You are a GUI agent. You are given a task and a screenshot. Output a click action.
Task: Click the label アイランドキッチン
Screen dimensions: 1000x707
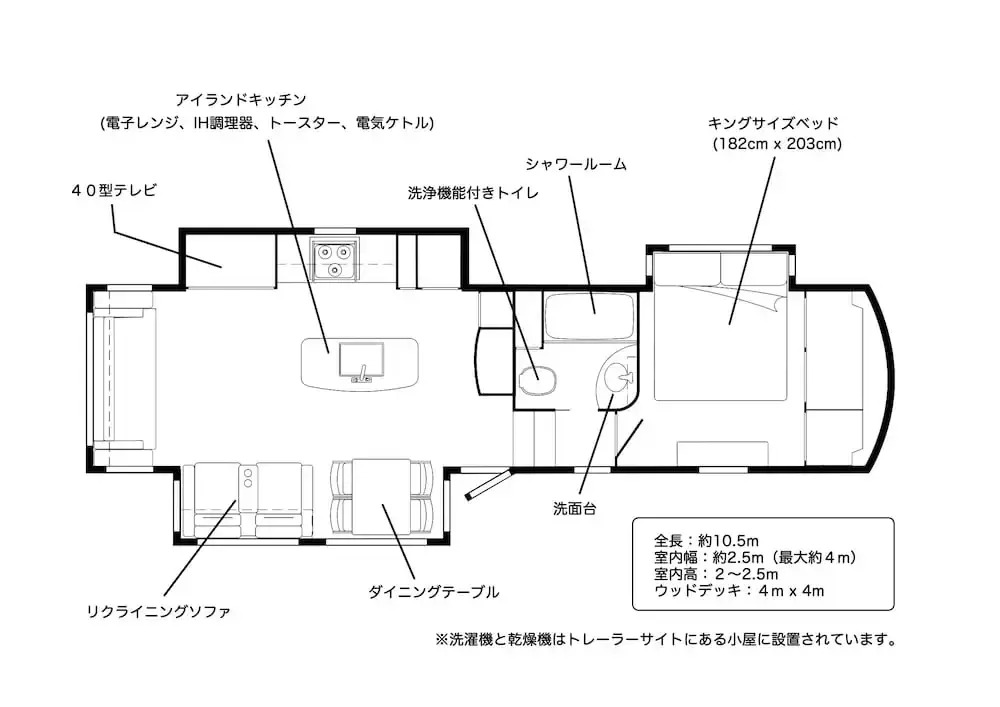[x=240, y=100]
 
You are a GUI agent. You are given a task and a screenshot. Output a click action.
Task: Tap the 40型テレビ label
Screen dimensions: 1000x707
[x=114, y=190]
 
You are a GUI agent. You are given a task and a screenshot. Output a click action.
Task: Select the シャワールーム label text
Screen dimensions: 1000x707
[x=575, y=164]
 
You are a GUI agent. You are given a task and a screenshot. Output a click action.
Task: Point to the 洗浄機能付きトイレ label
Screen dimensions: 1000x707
[x=473, y=193]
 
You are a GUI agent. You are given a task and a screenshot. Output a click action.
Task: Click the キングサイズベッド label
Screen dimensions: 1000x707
[x=773, y=123]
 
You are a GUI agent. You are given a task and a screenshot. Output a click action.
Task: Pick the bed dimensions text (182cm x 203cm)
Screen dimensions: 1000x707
[x=777, y=144]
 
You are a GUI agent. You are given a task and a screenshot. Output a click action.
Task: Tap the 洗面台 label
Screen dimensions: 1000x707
[x=574, y=509]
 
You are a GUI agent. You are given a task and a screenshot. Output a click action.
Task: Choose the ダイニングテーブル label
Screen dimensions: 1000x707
[x=434, y=592]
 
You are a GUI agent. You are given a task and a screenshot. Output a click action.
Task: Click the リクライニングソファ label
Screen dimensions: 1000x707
[x=158, y=612]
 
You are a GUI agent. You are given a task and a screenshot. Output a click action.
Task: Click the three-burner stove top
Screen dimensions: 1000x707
[x=335, y=259]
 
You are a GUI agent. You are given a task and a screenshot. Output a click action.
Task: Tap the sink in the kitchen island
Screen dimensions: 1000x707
[x=361, y=361]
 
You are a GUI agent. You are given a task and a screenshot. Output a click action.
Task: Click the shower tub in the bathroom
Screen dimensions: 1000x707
[x=590, y=316]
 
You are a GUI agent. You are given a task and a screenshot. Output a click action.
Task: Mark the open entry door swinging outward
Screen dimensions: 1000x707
[x=488, y=485]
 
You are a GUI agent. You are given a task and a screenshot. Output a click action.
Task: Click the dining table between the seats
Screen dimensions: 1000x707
[x=382, y=497]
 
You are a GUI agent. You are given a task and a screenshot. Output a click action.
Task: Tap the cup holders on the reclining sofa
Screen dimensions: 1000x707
[x=247, y=477]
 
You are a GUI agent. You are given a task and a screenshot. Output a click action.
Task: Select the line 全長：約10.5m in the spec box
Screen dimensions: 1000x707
[x=707, y=541]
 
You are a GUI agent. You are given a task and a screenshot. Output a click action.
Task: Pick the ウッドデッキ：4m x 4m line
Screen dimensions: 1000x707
[x=740, y=591]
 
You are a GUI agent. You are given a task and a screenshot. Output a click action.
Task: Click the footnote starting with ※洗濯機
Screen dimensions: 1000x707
[x=666, y=639]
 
